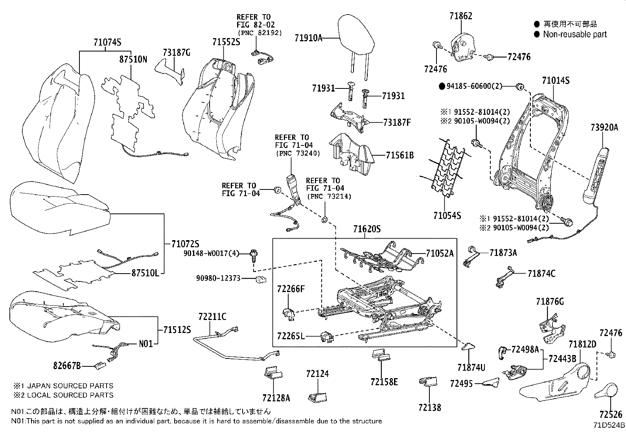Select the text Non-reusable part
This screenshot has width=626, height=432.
click(574, 35)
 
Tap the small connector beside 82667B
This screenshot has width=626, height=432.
click(100, 365)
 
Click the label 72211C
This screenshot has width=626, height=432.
click(212, 316)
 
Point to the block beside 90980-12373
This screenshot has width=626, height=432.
click(260, 279)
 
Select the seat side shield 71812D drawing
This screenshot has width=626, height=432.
click(558, 381)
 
